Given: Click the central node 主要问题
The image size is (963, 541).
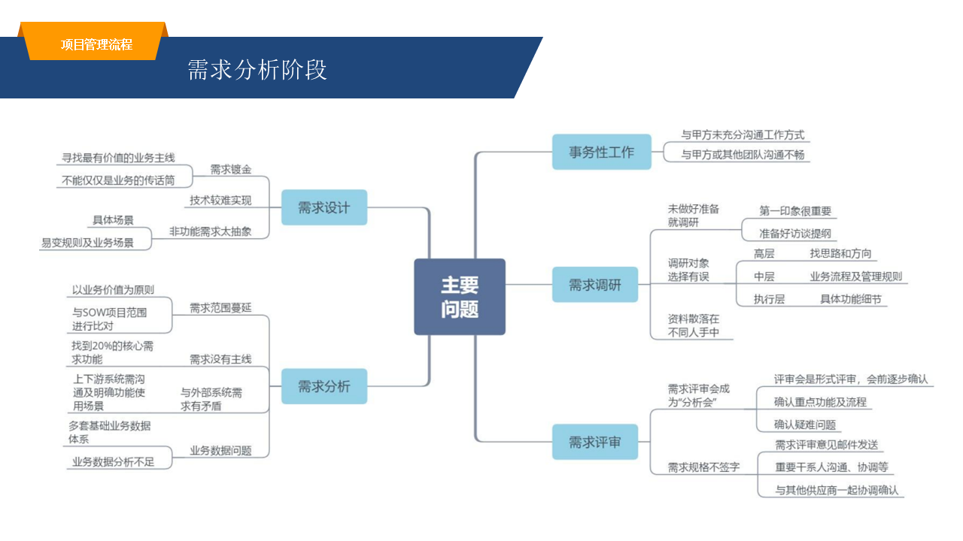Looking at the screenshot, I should point(460,297).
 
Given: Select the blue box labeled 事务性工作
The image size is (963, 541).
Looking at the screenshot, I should point(601,152).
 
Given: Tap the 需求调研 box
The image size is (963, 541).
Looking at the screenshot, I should point(594,285).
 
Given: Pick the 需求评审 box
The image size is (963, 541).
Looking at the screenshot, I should point(594,443).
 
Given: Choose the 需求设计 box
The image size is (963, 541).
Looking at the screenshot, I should point(324,207).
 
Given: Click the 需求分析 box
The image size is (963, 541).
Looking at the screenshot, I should point(324,386).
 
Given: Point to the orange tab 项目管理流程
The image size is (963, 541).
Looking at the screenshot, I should point(96,44).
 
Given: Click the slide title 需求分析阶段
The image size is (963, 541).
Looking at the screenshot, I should point(257,70).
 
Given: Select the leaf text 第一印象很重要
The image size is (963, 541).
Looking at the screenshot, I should point(795,211).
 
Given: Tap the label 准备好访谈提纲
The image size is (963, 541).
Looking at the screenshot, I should point(795,233).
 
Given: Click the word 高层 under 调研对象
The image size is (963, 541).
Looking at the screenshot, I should point(764,254).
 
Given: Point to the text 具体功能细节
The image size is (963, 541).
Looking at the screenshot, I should point(850,299).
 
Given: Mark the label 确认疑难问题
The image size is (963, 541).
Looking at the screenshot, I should point(805,425).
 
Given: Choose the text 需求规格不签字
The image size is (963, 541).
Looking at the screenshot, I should point(703,467).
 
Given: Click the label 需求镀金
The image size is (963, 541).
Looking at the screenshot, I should point(231,169).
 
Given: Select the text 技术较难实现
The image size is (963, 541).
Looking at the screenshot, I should point(220,201).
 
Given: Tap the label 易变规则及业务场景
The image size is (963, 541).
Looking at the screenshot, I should point(87,243).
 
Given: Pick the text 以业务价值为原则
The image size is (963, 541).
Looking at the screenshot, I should point(113,290).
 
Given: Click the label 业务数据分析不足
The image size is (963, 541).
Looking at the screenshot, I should point(113,462).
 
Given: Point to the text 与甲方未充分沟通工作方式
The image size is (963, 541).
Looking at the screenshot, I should point(743,135).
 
